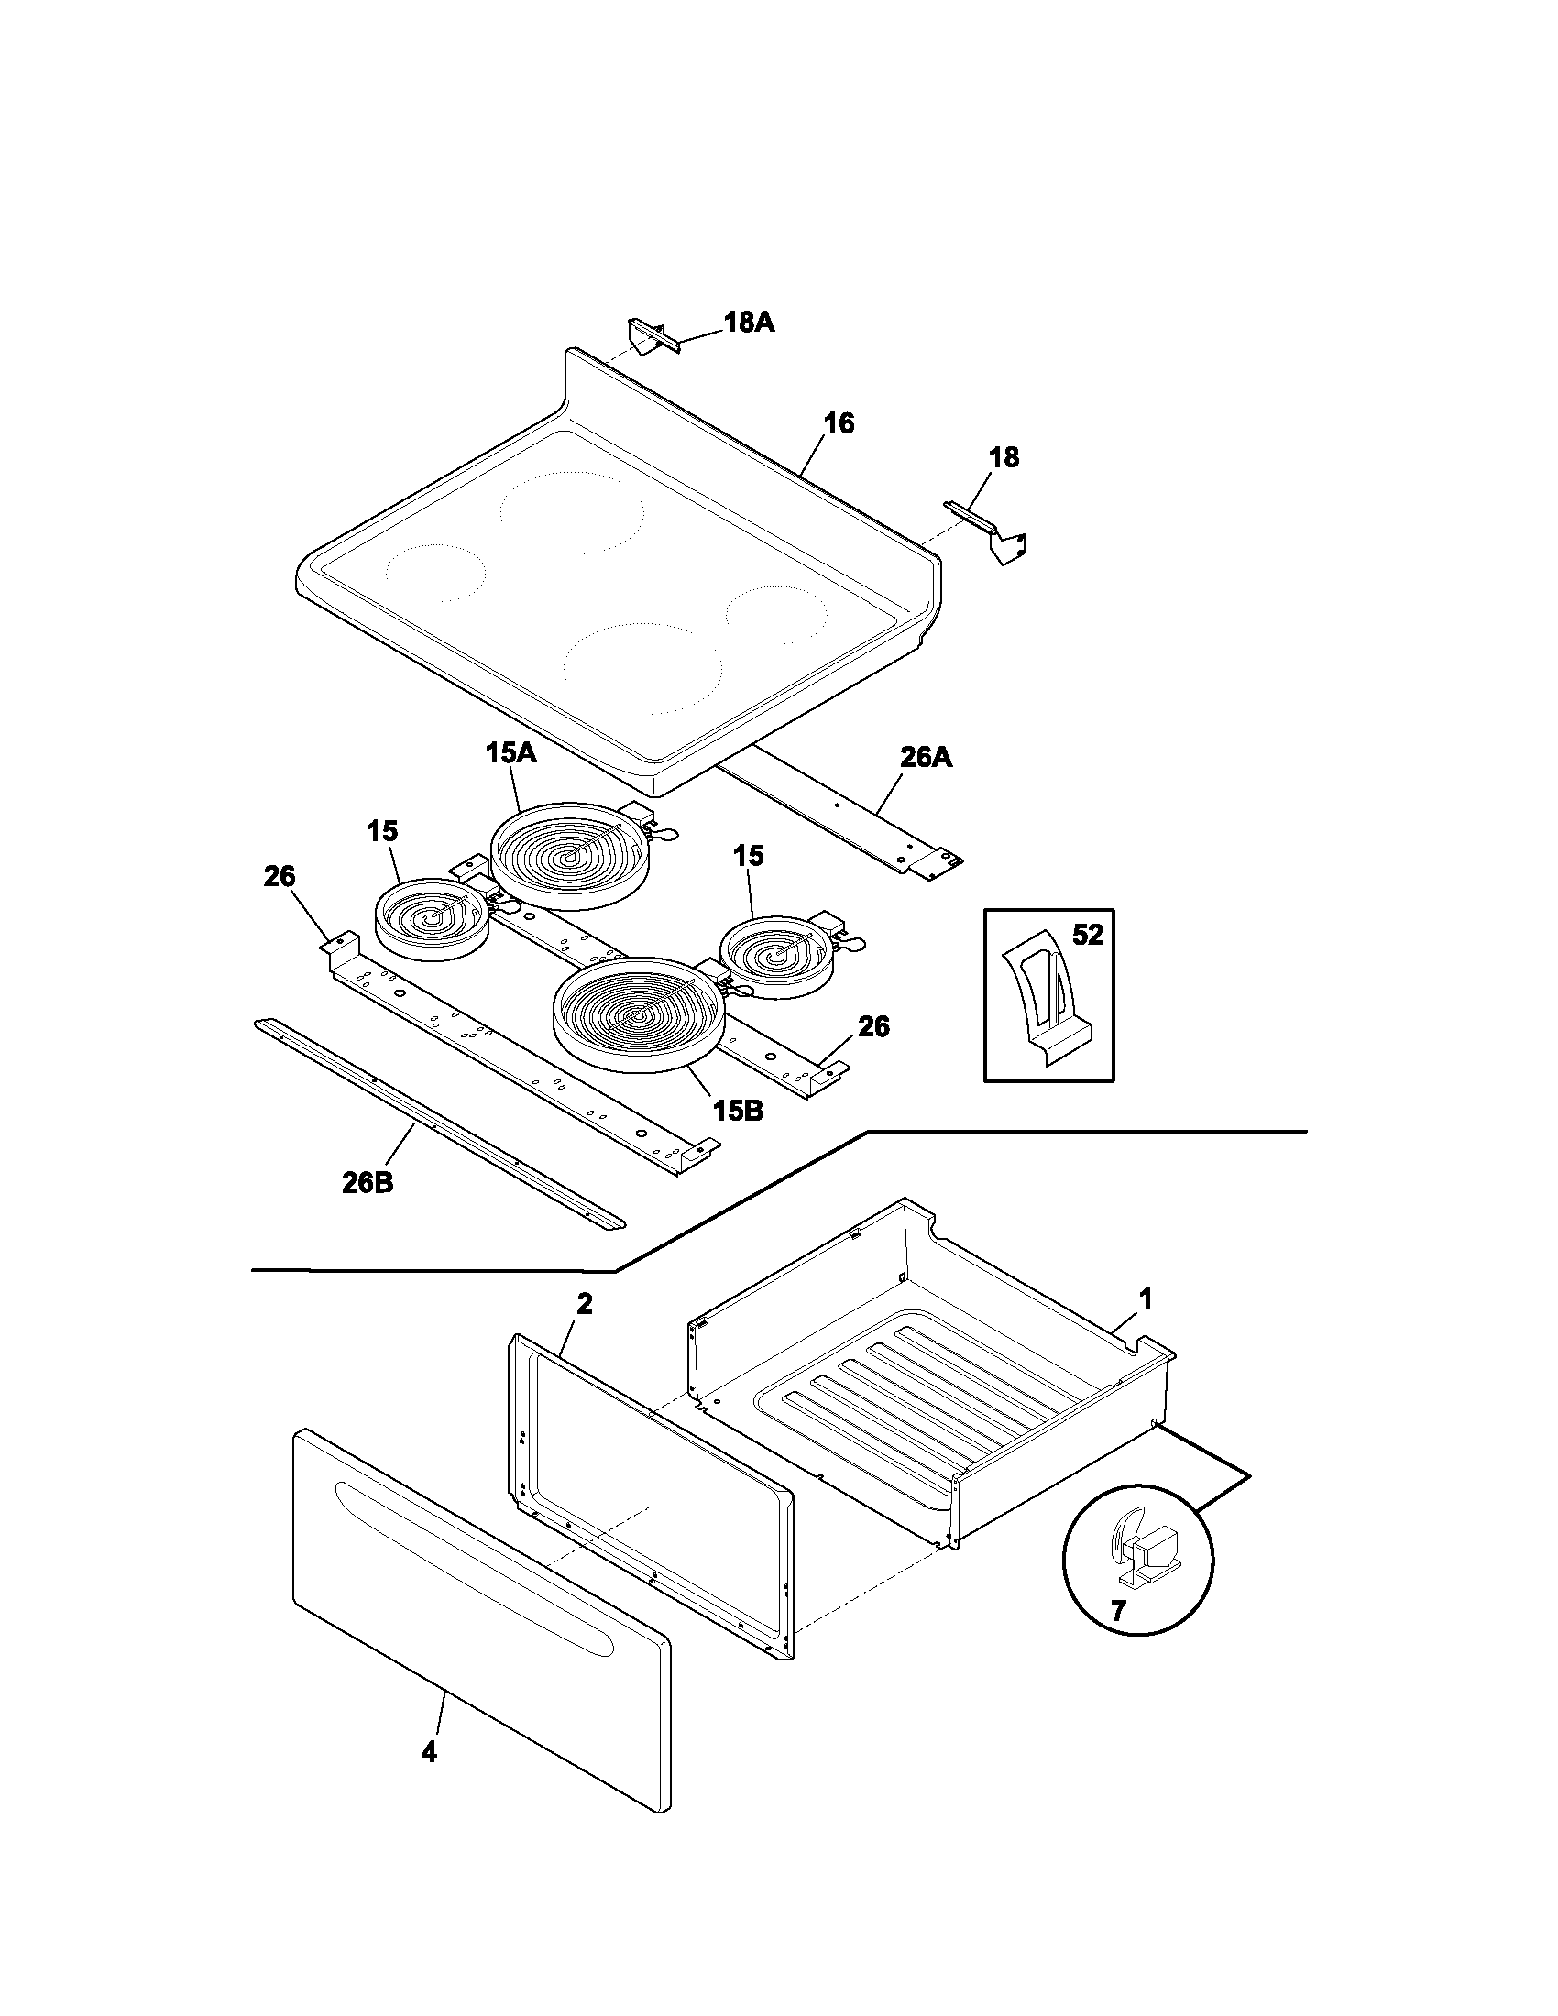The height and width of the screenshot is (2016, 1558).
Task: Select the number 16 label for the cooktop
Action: point(839,423)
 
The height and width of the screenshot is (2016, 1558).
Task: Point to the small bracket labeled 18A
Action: point(652,334)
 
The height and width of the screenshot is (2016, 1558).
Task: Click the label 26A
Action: point(926,757)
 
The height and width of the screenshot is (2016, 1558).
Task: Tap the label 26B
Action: point(368,1182)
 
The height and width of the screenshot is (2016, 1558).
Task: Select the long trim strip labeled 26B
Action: point(438,1124)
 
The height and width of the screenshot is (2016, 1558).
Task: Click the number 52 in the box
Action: point(1087,935)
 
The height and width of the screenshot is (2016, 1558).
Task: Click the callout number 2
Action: point(585,1304)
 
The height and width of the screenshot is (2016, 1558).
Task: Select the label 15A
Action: point(510,752)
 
